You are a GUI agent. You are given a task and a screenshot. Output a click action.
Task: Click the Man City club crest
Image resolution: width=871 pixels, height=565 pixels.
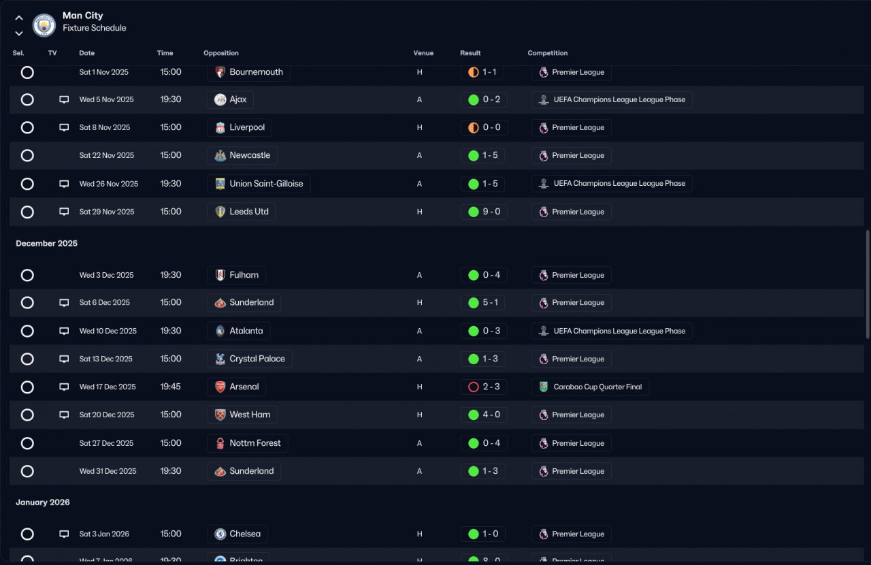[x=44, y=25]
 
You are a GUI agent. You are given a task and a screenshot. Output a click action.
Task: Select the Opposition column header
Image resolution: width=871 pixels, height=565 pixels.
[x=221, y=53]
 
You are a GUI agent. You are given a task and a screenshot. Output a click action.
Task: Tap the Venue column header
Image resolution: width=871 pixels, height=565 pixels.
[x=423, y=53]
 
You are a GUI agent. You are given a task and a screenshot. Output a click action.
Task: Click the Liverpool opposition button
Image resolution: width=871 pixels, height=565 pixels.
[x=240, y=127]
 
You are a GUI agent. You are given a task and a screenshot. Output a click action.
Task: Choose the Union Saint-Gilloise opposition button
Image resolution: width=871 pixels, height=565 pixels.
[x=259, y=184]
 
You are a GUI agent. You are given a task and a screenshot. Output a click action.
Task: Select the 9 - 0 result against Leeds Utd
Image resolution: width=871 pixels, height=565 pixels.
[x=484, y=212]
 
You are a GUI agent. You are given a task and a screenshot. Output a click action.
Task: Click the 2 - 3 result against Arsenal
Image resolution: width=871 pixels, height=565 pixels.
[x=484, y=387]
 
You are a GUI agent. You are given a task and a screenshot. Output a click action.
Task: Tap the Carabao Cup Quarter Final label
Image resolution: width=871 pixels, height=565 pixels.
[x=590, y=387]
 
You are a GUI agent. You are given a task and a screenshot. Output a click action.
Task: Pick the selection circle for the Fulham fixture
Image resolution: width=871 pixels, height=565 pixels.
[x=27, y=275]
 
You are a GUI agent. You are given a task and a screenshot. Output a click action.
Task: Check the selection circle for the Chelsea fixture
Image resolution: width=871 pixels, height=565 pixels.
[x=27, y=534]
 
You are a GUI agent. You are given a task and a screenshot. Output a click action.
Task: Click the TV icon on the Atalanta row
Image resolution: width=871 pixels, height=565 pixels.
[x=64, y=331]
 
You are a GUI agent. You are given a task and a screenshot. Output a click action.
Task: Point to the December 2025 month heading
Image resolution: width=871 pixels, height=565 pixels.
[x=47, y=244]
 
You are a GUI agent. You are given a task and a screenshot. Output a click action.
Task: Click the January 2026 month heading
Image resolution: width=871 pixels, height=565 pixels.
[x=43, y=502]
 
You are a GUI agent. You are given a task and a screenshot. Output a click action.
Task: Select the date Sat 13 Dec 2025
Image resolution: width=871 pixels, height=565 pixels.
[x=105, y=359]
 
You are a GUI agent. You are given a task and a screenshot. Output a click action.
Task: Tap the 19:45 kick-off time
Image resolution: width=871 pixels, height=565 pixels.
[x=171, y=387]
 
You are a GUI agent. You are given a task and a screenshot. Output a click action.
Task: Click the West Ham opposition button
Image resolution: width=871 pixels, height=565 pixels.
[x=242, y=415]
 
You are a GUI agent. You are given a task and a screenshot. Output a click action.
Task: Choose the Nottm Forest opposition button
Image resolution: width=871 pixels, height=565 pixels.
[x=248, y=443]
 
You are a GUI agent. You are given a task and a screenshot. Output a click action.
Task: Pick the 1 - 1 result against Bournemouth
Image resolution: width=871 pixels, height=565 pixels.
[x=484, y=72]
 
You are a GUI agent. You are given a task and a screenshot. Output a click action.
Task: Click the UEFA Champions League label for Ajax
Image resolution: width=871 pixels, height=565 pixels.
[x=612, y=99]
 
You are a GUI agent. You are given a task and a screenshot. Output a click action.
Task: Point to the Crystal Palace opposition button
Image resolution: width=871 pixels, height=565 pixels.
[x=250, y=359]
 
